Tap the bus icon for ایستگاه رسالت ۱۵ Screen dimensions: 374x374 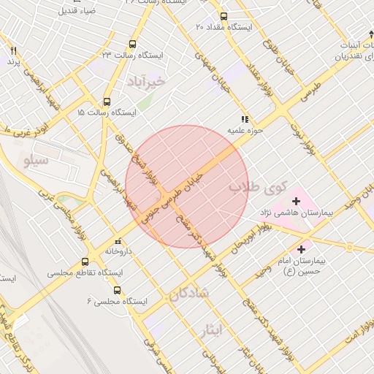pos(107,102)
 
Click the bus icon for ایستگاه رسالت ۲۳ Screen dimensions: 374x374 pos(132,44)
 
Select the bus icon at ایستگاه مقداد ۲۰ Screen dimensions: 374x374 pos(223,16)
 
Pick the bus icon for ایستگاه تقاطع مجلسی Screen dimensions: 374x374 pos(85,262)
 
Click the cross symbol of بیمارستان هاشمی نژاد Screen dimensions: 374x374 pos(297,201)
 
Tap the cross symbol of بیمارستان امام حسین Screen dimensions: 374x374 pos(301,250)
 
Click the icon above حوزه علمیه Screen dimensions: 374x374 pos(245,119)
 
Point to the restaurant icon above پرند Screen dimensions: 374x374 pos(12,51)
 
